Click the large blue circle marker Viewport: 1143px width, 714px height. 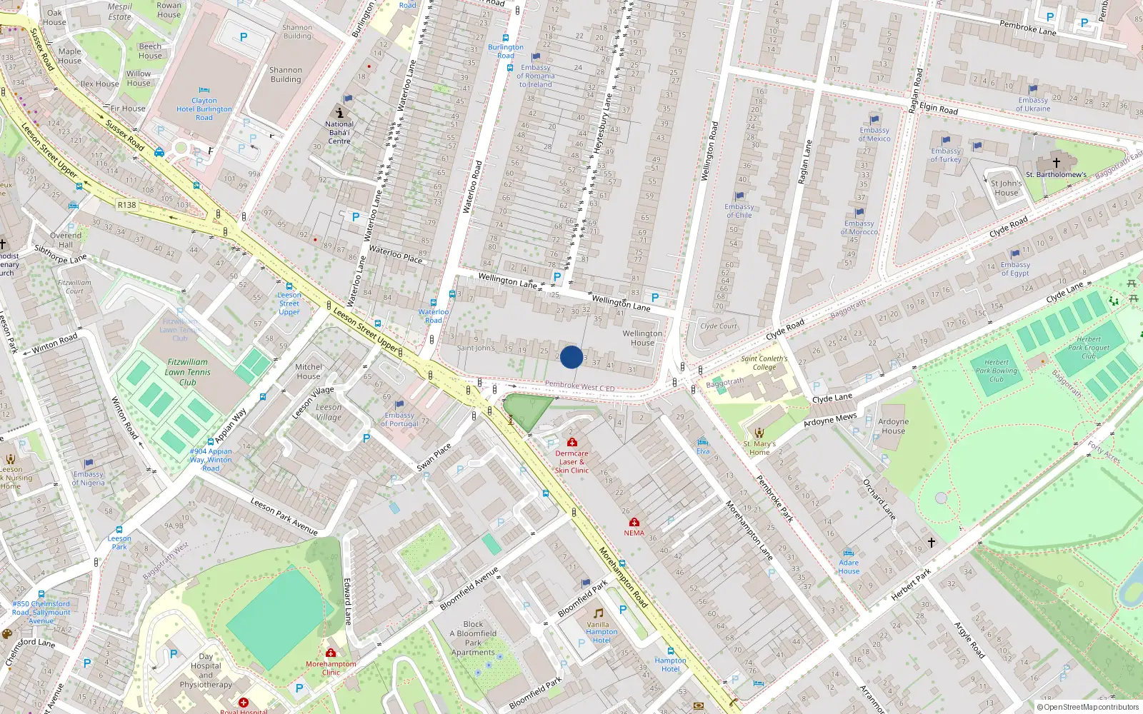point(571,357)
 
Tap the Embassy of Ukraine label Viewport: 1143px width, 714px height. point(1033,104)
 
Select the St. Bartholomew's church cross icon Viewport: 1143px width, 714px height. point(1057,163)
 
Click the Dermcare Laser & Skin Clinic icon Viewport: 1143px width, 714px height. point(572,443)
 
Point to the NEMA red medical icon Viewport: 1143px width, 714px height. point(634,523)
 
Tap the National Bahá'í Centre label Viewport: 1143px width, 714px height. point(339,133)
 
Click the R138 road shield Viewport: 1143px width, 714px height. point(126,205)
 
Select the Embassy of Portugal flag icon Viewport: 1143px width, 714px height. point(399,405)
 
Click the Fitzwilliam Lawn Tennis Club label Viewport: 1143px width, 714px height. point(188,372)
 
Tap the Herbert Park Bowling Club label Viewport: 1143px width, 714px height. point(997,371)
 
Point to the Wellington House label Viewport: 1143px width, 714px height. point(642,338)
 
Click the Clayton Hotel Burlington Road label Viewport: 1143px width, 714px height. point(204,109)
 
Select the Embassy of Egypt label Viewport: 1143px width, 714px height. point(1015,268)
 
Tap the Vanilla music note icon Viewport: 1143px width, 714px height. point(599,613)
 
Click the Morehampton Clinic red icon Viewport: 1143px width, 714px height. point(331,653)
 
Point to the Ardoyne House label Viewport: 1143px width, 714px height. point(893,426)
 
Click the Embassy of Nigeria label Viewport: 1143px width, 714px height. point(88,478)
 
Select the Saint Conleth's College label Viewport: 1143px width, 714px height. point(764,363)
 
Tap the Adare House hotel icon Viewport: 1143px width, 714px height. point(849,553)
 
